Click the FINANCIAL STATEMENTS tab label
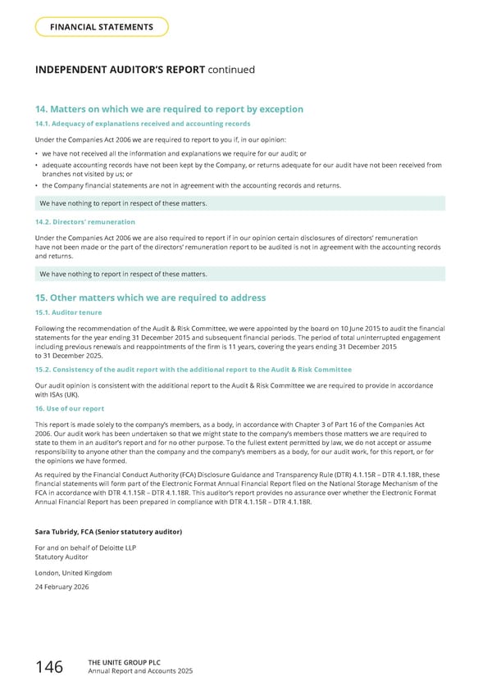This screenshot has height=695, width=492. click(x=102, y=27)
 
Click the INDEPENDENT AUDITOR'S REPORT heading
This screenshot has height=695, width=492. click(x=145, y=70)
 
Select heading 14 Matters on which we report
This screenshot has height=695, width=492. click(x=169, y=109)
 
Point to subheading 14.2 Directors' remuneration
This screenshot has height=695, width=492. click(x=85, y=222)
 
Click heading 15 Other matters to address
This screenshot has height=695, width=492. click(x=150, y=298)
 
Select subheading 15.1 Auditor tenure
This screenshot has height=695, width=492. click(x=71, y=313)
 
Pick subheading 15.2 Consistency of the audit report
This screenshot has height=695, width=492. click(x=193, y=370)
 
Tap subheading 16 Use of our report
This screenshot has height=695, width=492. click(x=70, y=408)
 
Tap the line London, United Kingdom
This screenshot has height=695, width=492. click(x=74, y=573)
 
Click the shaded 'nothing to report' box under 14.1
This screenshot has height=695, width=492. click(x=239, y=203)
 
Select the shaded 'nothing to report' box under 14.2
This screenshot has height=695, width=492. click(x=239, y=274)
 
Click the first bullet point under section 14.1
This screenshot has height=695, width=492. click(x=174, y=153)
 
